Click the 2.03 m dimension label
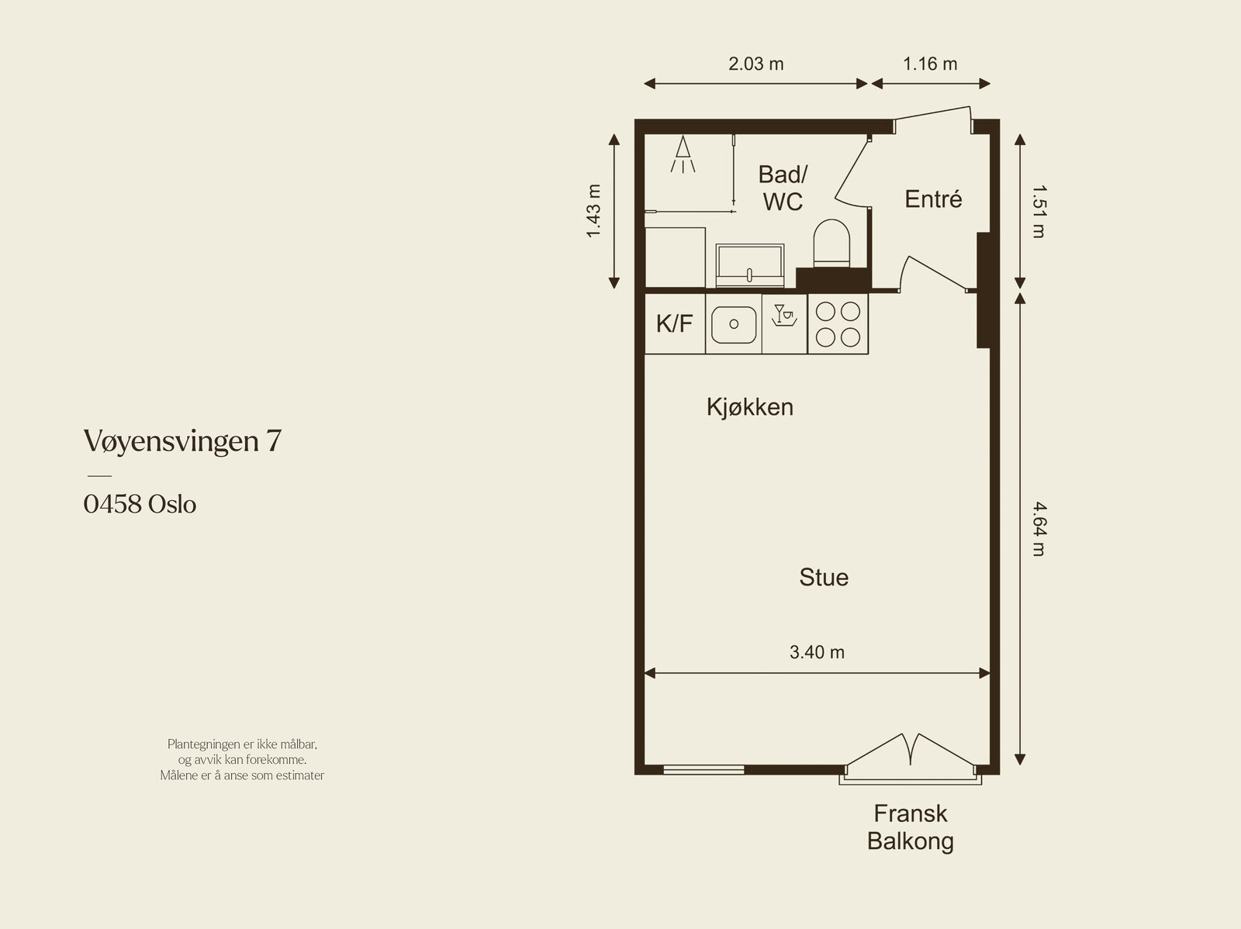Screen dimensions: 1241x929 click(756, 64)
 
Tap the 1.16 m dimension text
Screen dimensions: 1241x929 click(930, 64)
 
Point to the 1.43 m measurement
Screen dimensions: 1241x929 click(593, 211)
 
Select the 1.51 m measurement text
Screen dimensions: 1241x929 click(1040, 212)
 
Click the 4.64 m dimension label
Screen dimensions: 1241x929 click(1040, 529)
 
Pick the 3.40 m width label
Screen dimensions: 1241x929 click(817, 652)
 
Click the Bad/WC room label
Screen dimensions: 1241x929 click(783, 188)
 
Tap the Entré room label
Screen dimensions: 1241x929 click(933, 199)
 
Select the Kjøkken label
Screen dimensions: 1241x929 click(750, 407)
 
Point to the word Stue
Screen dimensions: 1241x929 click(824, 577)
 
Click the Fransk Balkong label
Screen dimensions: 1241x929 click(911, 827)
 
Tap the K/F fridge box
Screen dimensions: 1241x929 click(675, 324)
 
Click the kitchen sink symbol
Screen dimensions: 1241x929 click(734, 324)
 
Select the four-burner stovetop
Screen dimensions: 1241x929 click(838, 324)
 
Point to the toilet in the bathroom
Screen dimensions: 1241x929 click(831, 243)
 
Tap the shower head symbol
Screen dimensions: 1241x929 click(683, 154)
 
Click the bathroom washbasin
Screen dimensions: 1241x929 click(750, 265)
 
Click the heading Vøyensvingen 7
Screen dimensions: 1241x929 click(182, 441)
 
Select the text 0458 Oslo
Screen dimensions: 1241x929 click(140, 504)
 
